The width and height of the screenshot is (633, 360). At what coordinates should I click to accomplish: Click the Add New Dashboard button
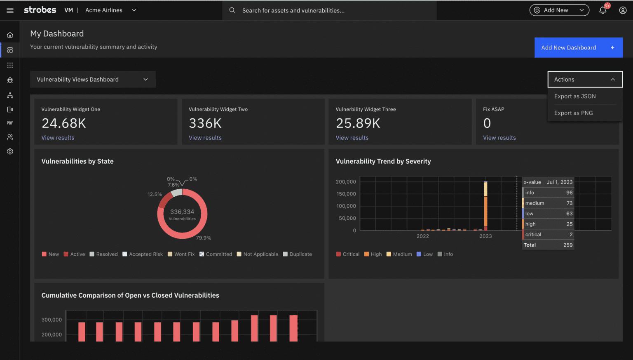pos(578,48)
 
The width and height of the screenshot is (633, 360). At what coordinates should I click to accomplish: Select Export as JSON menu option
pos(575,96)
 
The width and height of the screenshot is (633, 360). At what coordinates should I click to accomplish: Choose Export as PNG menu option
pos(573,113)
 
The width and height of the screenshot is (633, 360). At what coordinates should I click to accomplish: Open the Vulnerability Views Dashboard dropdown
pos(93,80)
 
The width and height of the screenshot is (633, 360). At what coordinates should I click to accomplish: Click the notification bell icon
pos(603,10)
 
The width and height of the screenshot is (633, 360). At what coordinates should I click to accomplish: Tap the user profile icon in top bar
pos(623,10)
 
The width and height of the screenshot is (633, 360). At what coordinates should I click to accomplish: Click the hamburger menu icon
pos(10,10)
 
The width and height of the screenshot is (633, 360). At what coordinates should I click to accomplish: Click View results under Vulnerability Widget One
pos(58,138)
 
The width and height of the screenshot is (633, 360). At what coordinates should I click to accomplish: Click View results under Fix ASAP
pos(499,138)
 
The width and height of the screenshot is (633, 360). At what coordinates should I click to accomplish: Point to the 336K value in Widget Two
pos(205,123)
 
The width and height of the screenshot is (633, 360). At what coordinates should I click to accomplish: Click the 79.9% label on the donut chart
pos(203,238)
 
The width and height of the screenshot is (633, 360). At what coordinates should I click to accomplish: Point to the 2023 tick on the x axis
pos(485,236)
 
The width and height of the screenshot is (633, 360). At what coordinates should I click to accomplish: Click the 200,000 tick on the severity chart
pos(346,182)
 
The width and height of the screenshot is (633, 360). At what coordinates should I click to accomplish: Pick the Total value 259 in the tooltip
pos(567,245)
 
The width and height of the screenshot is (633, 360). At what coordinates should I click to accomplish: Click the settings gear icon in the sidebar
pos(10,151)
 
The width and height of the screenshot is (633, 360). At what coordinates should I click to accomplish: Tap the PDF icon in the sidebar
pos(10,123)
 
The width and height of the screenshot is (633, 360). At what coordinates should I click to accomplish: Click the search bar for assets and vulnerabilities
pos(330,10)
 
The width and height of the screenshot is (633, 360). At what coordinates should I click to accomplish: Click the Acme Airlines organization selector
pos(110,10)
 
